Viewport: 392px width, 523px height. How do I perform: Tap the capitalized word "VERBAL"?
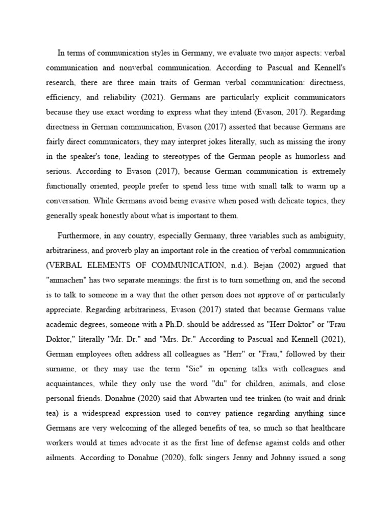[64, 265]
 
